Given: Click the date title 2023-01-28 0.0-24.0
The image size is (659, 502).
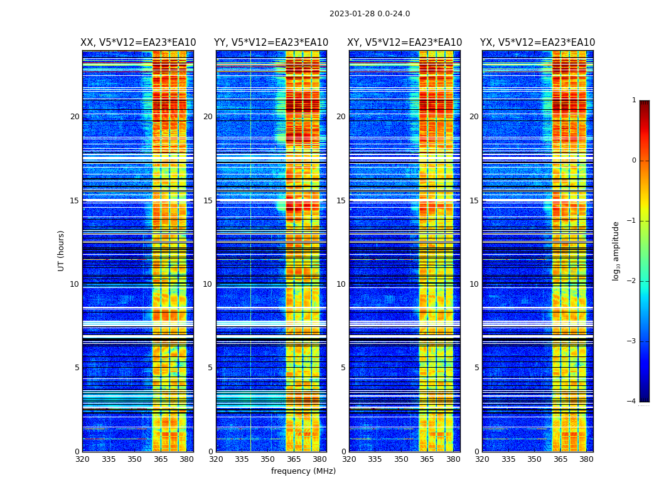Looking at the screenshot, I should tap(370, 14).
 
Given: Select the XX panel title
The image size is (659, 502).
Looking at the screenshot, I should tap(138, 43).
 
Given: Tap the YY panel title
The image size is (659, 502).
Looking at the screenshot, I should tap(271, 43).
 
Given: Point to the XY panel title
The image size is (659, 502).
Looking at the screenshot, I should tap(405, 43).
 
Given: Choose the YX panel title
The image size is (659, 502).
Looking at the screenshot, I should tap(538, 43).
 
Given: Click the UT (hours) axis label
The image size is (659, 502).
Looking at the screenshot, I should tap(62, 250).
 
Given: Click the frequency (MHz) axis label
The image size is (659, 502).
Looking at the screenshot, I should tap(303, 471).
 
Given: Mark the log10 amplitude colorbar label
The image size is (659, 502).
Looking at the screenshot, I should tap(616, 250).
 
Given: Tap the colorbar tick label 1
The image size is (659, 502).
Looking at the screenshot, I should tap(634, 100).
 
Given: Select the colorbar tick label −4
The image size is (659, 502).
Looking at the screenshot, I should tap(632, 402).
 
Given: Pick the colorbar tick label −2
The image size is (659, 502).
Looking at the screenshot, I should tap(632, 281).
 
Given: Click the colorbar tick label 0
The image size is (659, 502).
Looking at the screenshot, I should tap(634, 161).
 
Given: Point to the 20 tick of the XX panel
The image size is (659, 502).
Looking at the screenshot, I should tap(75, 117).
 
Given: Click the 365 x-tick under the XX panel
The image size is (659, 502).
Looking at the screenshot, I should tap(161, 459).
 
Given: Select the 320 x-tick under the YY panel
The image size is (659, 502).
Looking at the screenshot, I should tap(216, 459).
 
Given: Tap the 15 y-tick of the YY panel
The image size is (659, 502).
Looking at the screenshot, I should tap(208, 201).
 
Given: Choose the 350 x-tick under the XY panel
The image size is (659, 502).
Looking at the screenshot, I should tap(401, 459).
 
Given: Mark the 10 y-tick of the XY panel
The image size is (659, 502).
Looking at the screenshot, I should tap(341, 284).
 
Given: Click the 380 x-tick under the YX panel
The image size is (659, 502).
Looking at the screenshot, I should tap(586, 459).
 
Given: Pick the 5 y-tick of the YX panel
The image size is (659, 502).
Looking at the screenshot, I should tap(476, 368).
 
